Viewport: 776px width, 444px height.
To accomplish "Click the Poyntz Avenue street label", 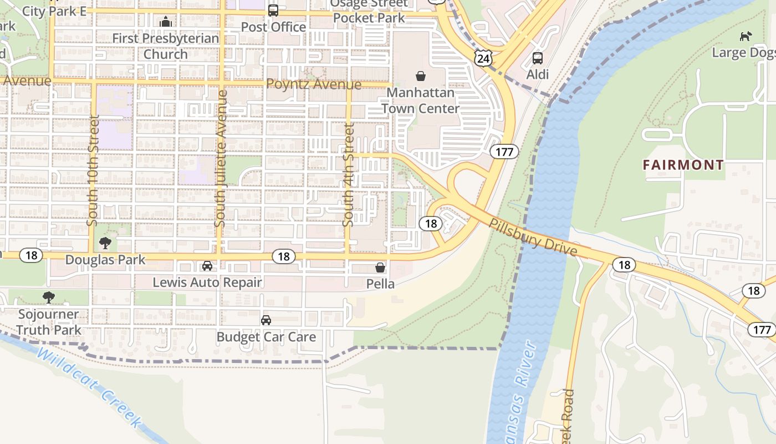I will (x=314, y=84).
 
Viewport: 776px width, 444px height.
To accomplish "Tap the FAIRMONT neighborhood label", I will (x=683, y=165).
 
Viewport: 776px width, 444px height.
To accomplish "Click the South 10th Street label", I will (x=93, y=170).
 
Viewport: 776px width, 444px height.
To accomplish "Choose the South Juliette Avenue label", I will (x=221, y=159).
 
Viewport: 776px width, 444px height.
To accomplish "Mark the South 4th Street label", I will (x=348, y=175).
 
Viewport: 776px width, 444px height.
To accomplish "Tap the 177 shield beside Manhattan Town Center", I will (x=504, y=152).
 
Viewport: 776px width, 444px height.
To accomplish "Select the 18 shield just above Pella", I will (x=284, y=256).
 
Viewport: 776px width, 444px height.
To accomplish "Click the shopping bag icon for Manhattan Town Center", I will (x=421, y=75).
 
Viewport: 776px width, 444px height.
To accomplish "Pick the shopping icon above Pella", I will (x=380, y=268).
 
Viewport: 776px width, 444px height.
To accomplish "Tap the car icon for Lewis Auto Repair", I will (x=207, y=266).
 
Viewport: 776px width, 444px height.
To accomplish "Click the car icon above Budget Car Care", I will (x=266, y=320).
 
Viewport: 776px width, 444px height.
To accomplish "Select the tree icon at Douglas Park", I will (x=105, y=243).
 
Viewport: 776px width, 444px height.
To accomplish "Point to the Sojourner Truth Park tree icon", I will (x=49, y=297).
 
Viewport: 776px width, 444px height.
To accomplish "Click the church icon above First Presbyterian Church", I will (x=165, y=22).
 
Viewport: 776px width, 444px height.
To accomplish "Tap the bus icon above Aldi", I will (x=537, y=58).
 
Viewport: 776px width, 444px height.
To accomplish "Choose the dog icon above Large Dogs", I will (x=746, y=37).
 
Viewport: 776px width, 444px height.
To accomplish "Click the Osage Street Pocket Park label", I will (x=369, y=11).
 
